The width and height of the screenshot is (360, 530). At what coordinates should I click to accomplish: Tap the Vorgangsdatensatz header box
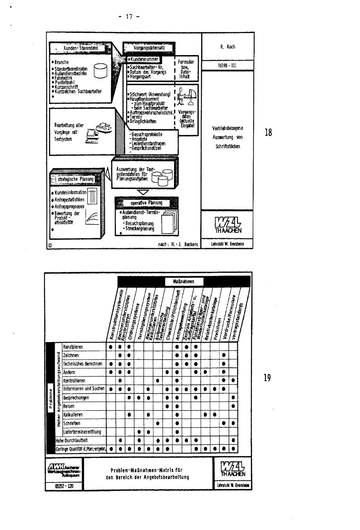[149, 48]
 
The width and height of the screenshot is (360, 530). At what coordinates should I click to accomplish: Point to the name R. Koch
[228, 47]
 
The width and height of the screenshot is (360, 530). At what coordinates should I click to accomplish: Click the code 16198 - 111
[228, 66]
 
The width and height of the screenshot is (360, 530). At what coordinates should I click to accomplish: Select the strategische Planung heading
[76, 179]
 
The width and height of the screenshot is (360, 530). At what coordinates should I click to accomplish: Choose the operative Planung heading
[146, 203]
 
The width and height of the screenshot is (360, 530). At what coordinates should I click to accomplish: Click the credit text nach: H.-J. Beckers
[178, 245]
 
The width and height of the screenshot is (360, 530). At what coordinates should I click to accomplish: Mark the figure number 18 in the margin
[268, 133]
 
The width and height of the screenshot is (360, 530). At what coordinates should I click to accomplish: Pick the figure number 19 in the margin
[267, 378]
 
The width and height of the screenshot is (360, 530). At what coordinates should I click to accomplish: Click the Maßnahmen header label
[184, 281]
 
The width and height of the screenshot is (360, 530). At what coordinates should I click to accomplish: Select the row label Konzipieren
[73, 347]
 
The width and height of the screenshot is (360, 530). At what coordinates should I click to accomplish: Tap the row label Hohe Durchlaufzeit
[71, 440]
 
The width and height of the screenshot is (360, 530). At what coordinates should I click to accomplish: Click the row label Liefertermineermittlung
[82, 432]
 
